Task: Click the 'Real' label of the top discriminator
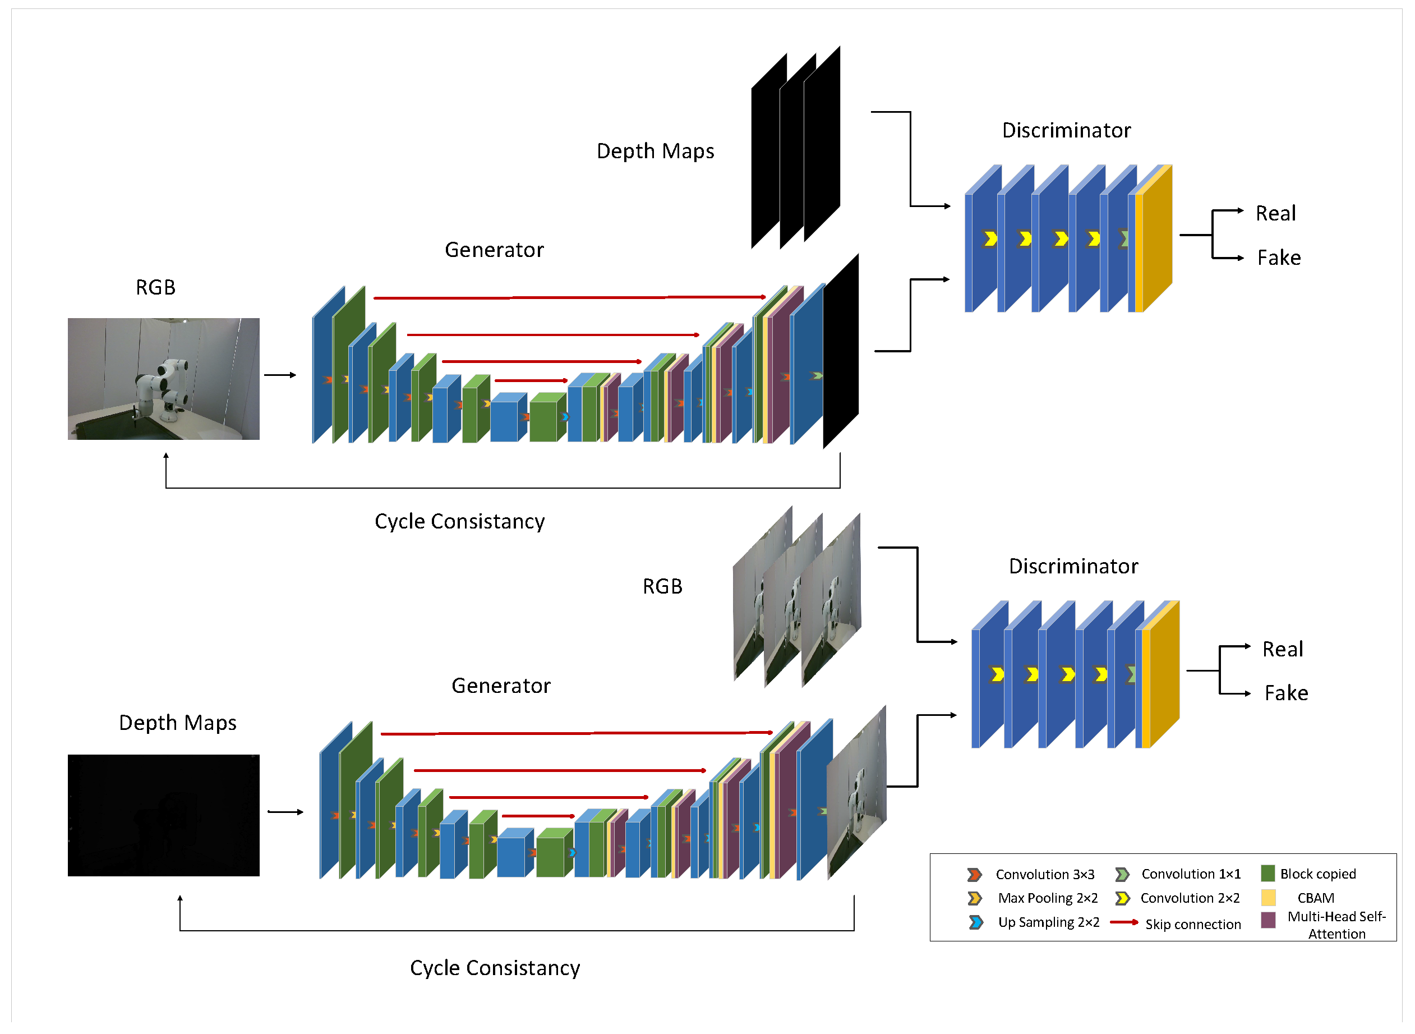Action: pos(1275,213)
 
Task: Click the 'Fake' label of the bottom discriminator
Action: pos(1285,693)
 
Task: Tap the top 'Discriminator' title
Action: pos(1066,130)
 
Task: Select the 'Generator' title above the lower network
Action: pos(500,686)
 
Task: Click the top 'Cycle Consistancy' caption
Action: pos(459,521)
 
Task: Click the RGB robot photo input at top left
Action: pos(163,379)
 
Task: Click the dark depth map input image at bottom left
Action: pos(163,815)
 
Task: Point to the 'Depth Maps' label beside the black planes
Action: pos(655,151)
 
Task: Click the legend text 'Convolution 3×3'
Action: pos(1044,875)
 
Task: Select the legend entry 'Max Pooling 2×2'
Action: pos(1047,898)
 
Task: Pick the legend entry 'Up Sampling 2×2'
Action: pos(1048,922)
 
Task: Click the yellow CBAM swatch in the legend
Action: pos(1267,898)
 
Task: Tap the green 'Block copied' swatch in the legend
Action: pos(1267,873)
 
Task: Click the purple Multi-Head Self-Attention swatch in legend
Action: pos(1267,920)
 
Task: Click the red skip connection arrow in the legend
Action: pos(1123,922)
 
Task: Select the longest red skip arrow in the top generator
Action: pos(569,297)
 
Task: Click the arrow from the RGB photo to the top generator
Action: pos(280,375)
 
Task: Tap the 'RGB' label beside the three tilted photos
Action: pos(662,586)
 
